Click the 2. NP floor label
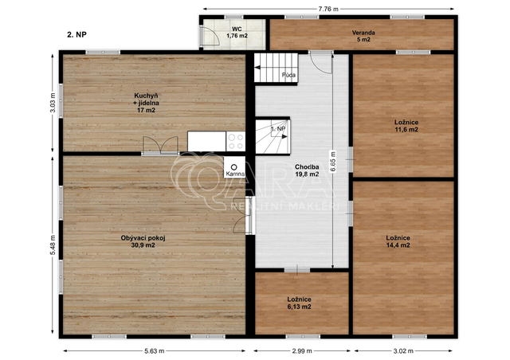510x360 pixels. click(x=76, y=34)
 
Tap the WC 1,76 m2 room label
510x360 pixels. click(x=237, y=33)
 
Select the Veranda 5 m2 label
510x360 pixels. click(x=363, y=36)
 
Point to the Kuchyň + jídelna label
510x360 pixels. click(x=146, y=103)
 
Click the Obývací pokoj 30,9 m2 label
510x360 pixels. click(x=143, y=241)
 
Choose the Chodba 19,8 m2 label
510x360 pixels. click(x=307, y=170)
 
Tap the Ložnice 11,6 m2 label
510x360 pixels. click(x=406, y=126)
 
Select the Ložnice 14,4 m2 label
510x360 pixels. click(x=398, y=241)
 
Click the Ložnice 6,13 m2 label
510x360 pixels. click(x=299, y=303)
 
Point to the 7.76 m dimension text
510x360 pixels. click(x=328, y=9)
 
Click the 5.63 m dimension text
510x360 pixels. click(x=154, y=351)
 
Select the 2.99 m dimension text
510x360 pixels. click(x=302, y=351)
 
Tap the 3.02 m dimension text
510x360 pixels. click(x=403, y=351)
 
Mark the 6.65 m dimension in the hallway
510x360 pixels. click(x=333, y=162)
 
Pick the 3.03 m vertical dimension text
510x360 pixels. click(x=53, y=103)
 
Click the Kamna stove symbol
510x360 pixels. click(x=233, y=166)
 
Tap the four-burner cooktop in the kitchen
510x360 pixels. click(x=236, y=142)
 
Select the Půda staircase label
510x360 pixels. click(x=288, y=75)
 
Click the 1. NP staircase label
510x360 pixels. click(x=278, y=129)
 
